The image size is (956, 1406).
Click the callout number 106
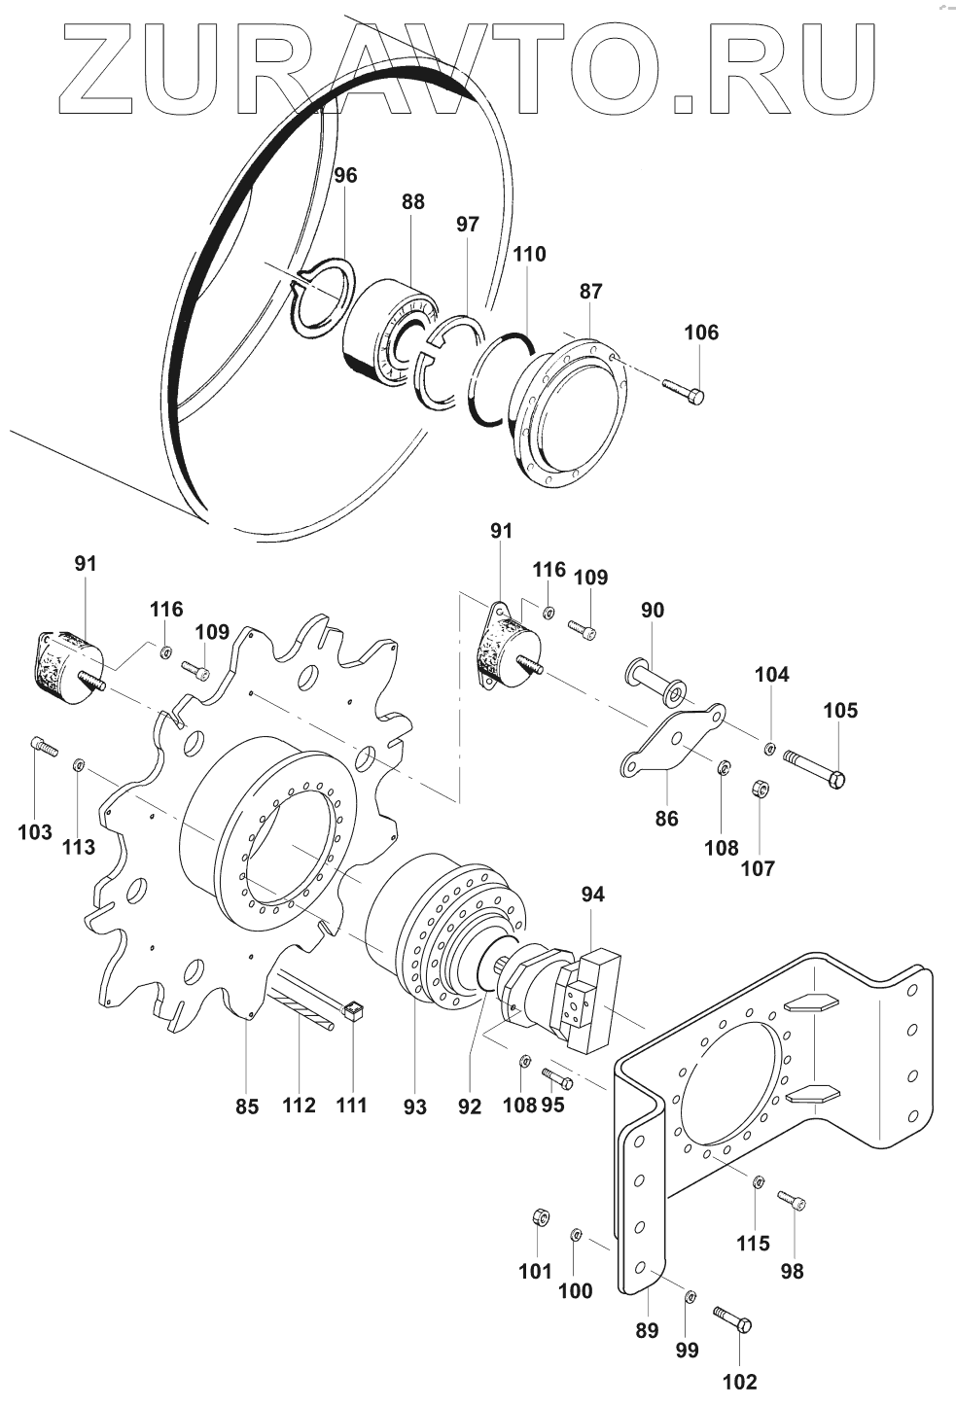(701, 333)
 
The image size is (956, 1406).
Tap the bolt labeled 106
(685, 390)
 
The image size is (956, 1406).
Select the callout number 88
(413, 201)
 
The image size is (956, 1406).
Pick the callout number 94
(592, 894)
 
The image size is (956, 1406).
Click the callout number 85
(247, 1106)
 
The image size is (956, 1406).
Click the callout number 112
(299, 1105)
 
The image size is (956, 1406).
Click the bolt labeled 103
(43, 746)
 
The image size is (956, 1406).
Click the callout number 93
(415, 1107)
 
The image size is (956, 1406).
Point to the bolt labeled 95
(556, 1077)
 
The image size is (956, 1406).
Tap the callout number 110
(530, 254)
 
